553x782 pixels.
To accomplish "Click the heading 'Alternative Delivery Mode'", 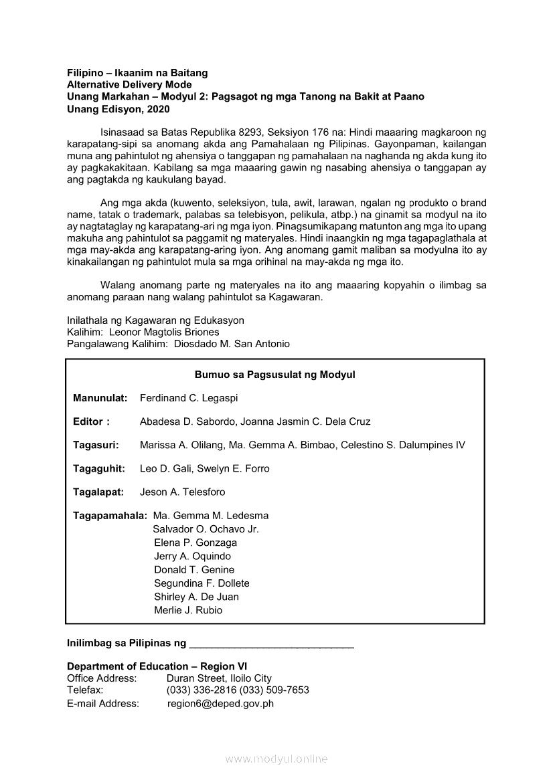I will pyautogui.click(x=129, y=85).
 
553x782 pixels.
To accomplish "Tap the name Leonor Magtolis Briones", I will pyautogui.click(x=164, y=332).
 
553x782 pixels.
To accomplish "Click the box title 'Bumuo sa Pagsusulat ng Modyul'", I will pyautogui.click(x=274, y=375).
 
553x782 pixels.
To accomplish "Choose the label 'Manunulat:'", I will pyautogui.click(x=100, y=398).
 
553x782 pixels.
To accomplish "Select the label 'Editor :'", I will pyautogui.click(x=91, y=421).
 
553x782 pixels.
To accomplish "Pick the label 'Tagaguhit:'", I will pyautogui.click(x=99, y=468).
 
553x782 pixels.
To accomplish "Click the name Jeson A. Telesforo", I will pyautogui.click(x=183, y=492).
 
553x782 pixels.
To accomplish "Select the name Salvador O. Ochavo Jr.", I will pyautogui.click(x=206, y=529).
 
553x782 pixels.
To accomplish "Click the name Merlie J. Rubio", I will pyautogui.click(x=188, y=610).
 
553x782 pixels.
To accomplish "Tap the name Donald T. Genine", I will pyautogui.click(x=194, y=570).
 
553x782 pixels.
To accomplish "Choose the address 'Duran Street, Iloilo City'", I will pyautogui.click(x=219, y=678).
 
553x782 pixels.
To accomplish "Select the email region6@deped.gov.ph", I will pyautogui.click(x=220, y=704).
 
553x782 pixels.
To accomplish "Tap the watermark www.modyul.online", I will pyautogui.click(x=276, y=759).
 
